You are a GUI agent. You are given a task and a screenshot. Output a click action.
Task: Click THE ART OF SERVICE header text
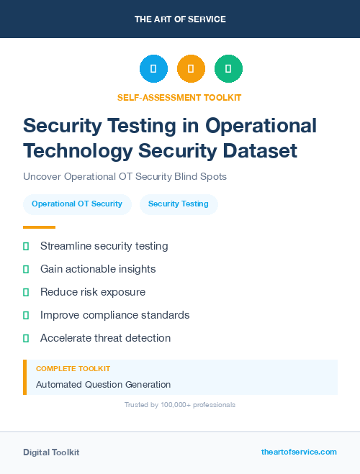pyautogui.click(x=180, y=19)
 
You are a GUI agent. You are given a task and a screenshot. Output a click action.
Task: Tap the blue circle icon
pyautogui.click(x=153, y=68)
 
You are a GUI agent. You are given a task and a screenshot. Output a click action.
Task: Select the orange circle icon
pyautogui.click(x=191, y=68)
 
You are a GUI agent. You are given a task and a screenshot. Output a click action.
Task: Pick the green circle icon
pyautogui.click(x=228, y=68)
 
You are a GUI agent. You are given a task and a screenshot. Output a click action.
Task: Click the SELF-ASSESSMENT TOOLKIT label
pyautogui.click(x=179, y=97)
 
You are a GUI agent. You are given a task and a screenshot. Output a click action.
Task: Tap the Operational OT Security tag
pyautogui.click(x=77, y=204)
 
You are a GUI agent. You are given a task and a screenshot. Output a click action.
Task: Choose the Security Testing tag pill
pyautogui.click(x=179, y=204)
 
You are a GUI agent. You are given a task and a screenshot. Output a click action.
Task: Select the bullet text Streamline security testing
pyautogui.click(x=104, y=246)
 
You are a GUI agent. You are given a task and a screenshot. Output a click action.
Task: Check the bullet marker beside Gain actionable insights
pyautogui.click(x=26, y=269)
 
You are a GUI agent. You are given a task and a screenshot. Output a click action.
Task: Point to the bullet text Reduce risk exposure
pyautogui.click(x=93, y=292)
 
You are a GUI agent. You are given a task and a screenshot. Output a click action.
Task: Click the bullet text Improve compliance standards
pyautogui.click(x=115, y=315)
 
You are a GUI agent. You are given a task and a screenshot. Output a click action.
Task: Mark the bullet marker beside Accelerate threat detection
pyautogui.click(x=26, y=338)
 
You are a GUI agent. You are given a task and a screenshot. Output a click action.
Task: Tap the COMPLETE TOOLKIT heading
pyautogui.click(x=69, y=368)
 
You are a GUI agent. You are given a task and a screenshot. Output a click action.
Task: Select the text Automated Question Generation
pyautogui.click(x=104, y=384)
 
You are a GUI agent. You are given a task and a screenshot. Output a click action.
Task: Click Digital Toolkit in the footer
pyautogui.click(x=51, y=452)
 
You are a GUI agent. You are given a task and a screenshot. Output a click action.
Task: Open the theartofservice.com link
pyautogui.click(x=299, y=452)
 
